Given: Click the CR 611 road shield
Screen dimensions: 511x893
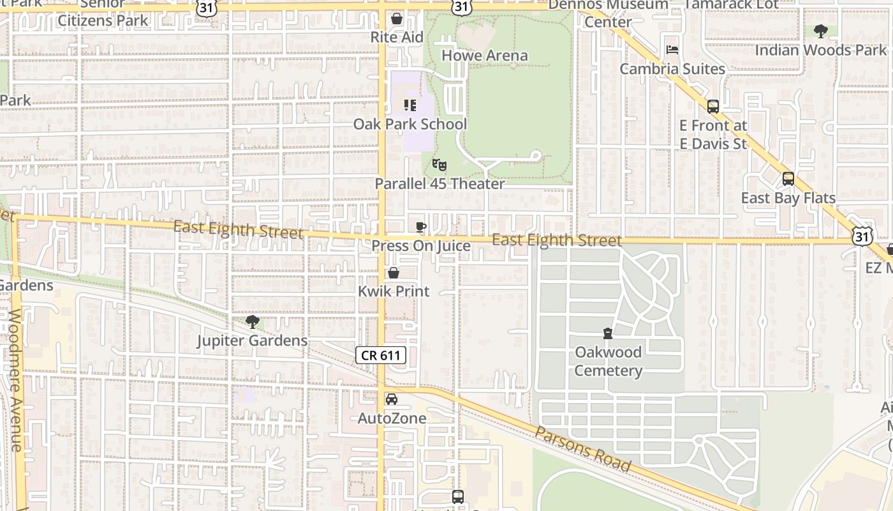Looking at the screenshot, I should [x=381, y=355].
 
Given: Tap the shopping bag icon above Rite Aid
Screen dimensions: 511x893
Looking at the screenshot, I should [x=397, y=19].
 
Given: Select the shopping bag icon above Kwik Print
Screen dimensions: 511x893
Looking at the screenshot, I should [x=394, y=273].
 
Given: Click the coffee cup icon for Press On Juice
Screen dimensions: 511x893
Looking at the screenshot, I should [x=420, y=227].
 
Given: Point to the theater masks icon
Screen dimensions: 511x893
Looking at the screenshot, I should [x=438, y=165].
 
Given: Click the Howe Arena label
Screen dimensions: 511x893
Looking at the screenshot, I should [x=484, y=56].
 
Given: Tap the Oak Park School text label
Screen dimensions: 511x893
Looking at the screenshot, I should [x=410, y=124].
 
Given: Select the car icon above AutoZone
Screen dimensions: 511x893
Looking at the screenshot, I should [x=392, y=399].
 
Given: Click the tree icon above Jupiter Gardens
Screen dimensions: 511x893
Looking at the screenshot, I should [x=253, y=322].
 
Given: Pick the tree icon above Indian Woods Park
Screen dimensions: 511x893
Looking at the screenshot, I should [x=820, y=31].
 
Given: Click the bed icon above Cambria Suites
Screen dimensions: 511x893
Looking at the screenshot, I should [x=672, y=50].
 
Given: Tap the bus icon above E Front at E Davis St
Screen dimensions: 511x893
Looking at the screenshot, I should [x=713, y=107].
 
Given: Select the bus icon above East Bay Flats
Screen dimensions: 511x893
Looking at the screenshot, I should [x=788, y=179].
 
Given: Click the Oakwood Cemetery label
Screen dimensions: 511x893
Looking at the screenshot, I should [x=608, y=362].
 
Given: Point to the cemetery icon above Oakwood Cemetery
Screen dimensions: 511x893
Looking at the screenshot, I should [x=608, y=333].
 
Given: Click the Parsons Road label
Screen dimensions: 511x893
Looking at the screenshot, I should [x=582, y=449].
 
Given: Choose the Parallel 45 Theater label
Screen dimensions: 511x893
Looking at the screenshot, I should [x=439, y=184].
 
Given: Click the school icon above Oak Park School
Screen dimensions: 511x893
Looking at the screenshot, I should [x=410, y=105].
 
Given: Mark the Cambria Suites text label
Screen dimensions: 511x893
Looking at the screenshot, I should [x=672, y=69].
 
